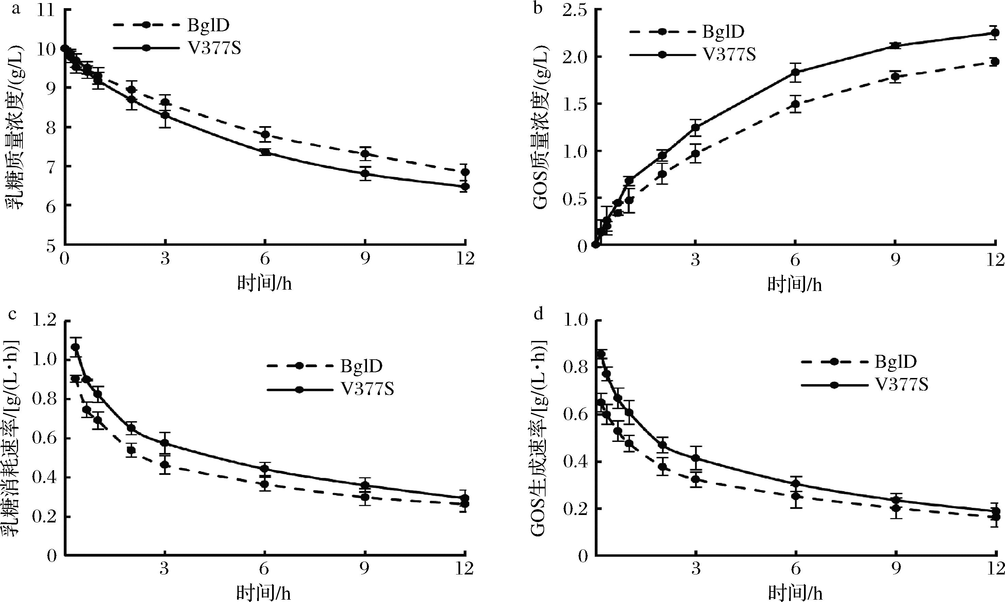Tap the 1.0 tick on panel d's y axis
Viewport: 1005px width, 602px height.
(572, 321)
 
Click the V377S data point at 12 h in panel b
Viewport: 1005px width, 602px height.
(994, 33)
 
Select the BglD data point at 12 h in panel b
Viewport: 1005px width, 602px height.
(994, 62)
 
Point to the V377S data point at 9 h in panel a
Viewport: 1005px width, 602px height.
(365, 174)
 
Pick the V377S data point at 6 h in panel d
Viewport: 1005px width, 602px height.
(796, 484)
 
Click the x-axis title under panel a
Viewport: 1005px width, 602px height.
(264, 283)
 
